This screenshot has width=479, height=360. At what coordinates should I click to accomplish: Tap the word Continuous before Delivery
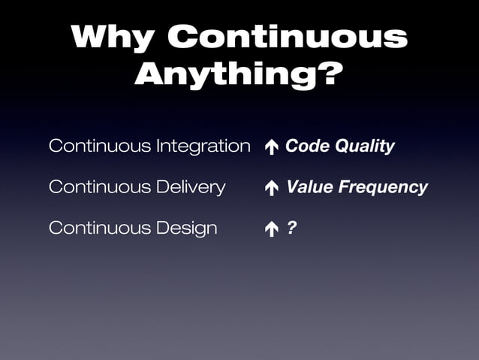tap(98, 187)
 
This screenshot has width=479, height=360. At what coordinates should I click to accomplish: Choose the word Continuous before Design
tap(98, 228)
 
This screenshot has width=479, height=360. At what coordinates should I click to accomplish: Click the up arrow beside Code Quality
tap(271, 147)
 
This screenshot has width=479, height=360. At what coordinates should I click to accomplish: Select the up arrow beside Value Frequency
tap(271, 188)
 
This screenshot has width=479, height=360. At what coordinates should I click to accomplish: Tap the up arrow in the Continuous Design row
tap(271, 228)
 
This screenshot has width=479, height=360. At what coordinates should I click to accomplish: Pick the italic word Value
tap(309, 187)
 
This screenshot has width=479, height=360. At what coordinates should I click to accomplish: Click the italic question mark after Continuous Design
tap(291, 227)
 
